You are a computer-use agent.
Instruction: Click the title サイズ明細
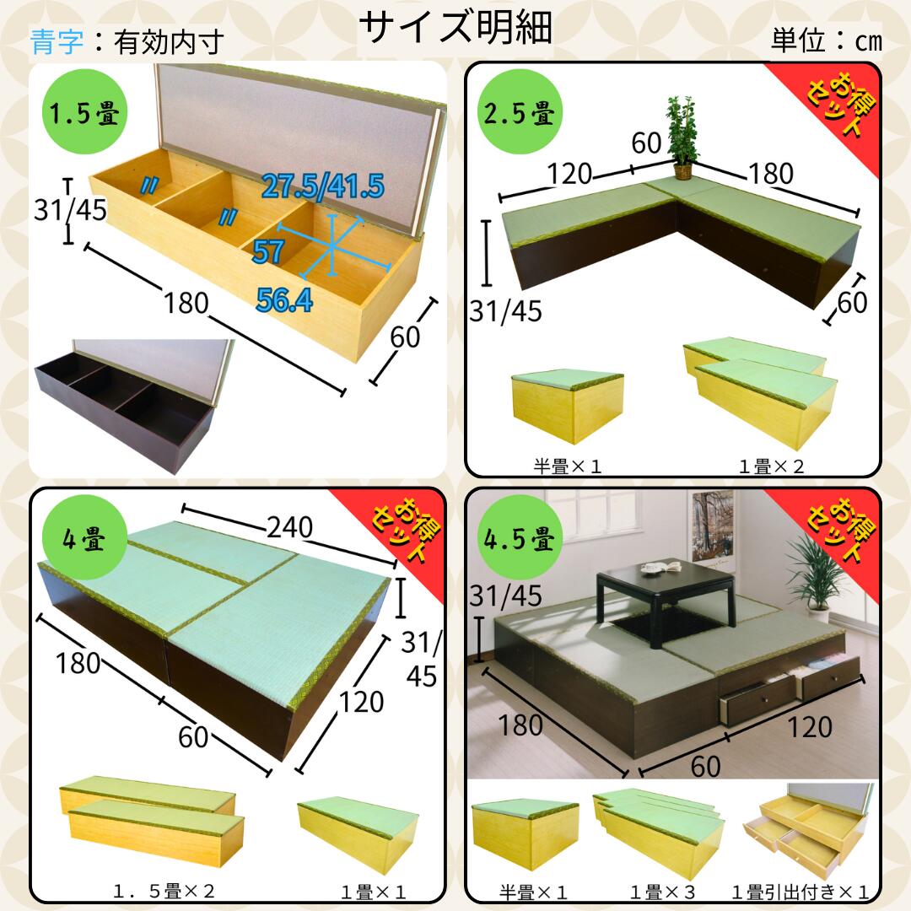coord(455,27)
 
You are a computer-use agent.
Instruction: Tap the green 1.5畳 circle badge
coord(85,111)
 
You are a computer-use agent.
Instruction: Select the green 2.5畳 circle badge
coord(520,111)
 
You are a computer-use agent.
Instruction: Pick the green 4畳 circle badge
coord(85,538)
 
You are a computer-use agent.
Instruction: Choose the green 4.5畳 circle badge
coord(520,538)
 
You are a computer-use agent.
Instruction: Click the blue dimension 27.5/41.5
coord(323,186)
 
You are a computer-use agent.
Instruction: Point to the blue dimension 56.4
coord(284,299)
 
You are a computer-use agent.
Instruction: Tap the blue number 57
coord(268,251)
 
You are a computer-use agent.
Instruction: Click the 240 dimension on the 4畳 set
coord(290,527)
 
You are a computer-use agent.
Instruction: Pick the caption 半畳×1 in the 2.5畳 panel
coord(567,466)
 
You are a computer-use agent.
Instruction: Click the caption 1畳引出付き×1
coord(800,892)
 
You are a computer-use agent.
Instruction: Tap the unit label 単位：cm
coord(827,40)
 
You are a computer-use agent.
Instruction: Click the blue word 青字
coord(57,42)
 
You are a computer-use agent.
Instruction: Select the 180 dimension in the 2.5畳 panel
coord(771,173)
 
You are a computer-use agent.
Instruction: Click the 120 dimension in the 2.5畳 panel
coord(569,173)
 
